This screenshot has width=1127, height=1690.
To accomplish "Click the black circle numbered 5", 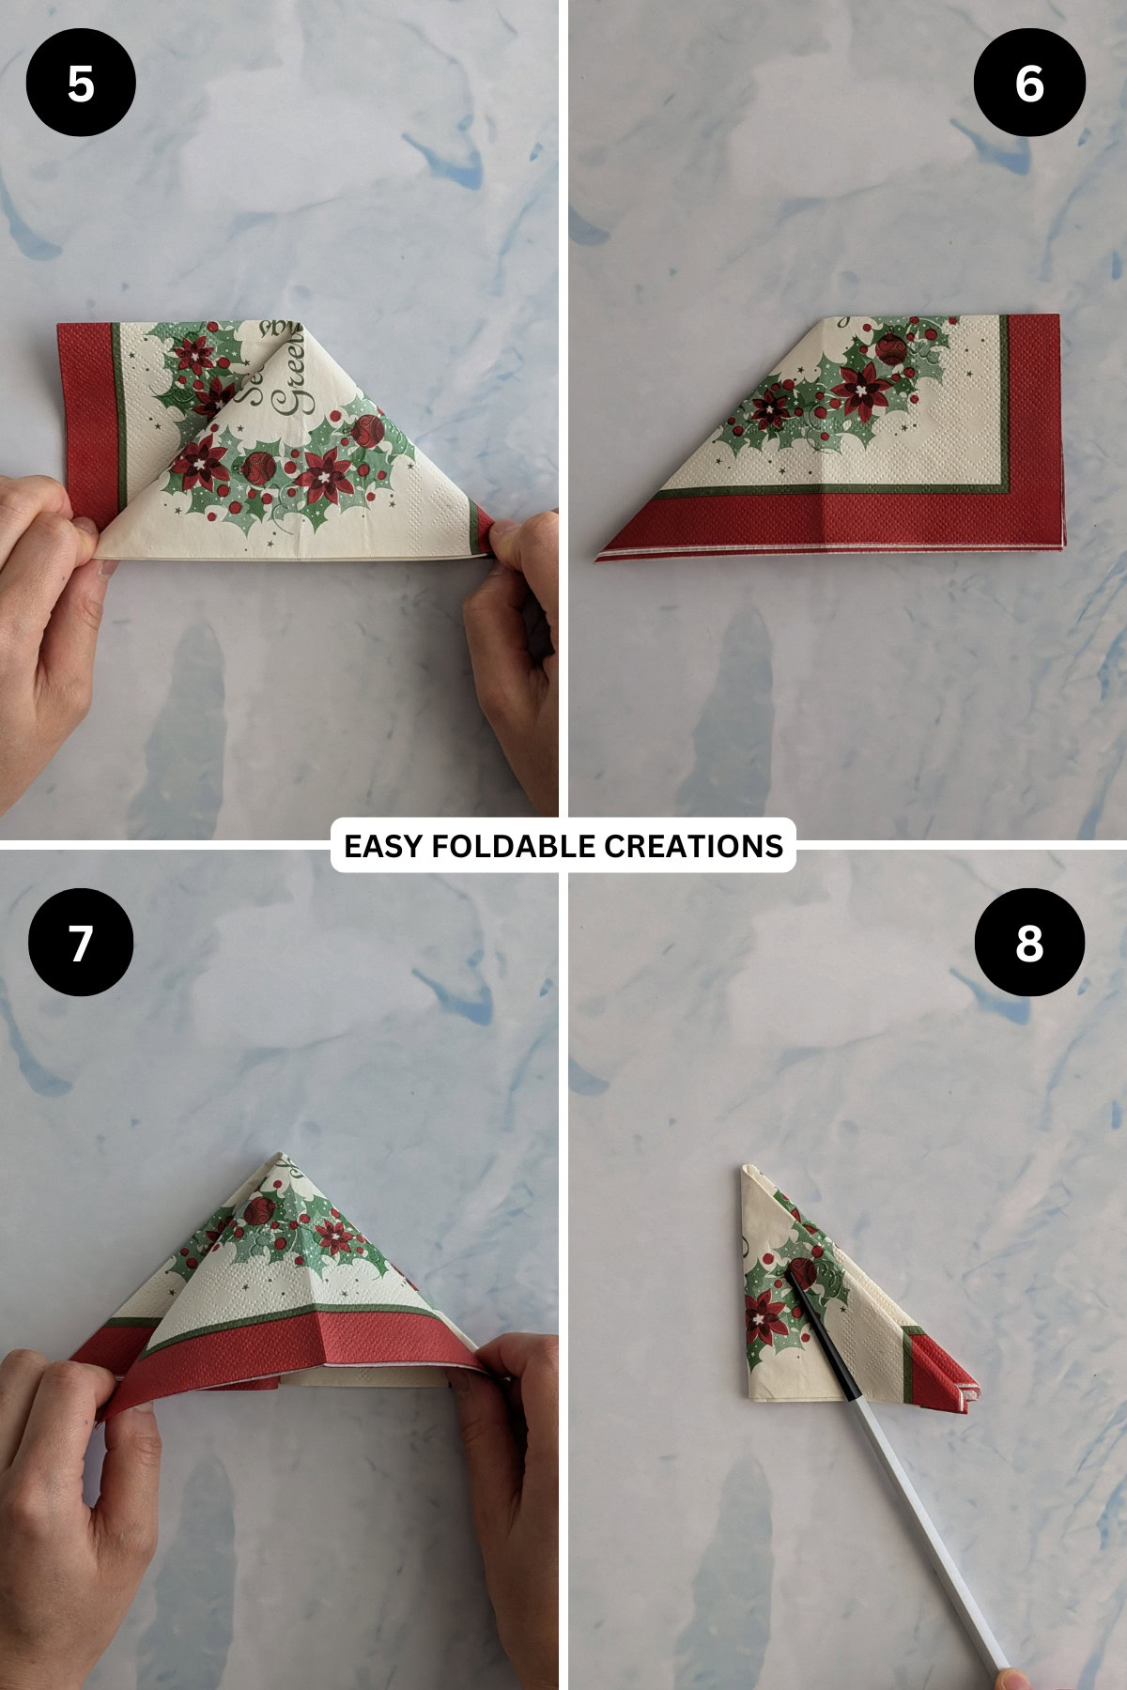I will pos(81,84).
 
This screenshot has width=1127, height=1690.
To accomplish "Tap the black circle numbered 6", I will pos(1029,84).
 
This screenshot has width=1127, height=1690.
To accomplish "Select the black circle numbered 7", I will pos(81,942).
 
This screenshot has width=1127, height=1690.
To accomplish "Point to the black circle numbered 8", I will pos(1029,942).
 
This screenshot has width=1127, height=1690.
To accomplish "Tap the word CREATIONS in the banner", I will pos(692,846).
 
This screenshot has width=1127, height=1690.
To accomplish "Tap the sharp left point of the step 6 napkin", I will pos(598,559).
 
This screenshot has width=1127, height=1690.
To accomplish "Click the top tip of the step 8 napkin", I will pos(747,1169).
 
